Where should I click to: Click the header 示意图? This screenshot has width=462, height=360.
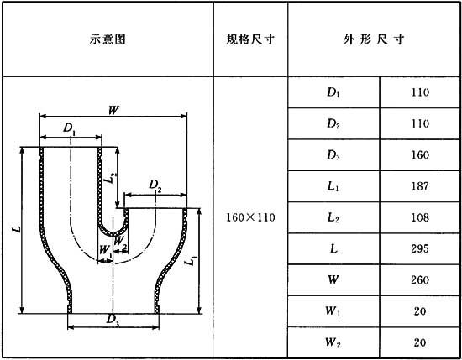click(108, 39)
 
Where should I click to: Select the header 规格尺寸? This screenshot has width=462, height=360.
click(250, 39)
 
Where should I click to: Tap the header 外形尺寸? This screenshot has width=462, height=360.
click(373, 39)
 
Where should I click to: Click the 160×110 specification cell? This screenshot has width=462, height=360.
click(250, 217)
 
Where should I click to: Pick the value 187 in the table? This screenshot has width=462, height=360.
click(420, 186)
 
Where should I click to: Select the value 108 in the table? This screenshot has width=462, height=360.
click(420, 217)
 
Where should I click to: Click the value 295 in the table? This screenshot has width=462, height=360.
click(420, 248)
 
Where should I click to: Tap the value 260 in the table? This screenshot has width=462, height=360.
click(420, 280)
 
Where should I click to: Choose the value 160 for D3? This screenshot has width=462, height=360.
click(420, 155)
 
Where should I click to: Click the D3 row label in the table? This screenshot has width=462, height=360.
click(333, 155)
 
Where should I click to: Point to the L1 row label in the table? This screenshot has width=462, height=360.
click(333, 186)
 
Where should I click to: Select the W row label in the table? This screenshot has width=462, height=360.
click(333, 279)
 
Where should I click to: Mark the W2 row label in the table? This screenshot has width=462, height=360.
click(333, 342)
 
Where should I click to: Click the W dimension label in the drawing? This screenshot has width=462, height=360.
click(113, 110)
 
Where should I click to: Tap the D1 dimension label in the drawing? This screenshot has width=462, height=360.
click(69, 128)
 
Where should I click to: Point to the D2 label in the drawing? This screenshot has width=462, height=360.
click(155, 185)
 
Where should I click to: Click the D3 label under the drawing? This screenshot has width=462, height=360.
click(113, 320)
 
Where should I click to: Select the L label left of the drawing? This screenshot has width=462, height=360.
click(18, 229)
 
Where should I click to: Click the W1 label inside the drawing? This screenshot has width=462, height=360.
click(106, 251)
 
